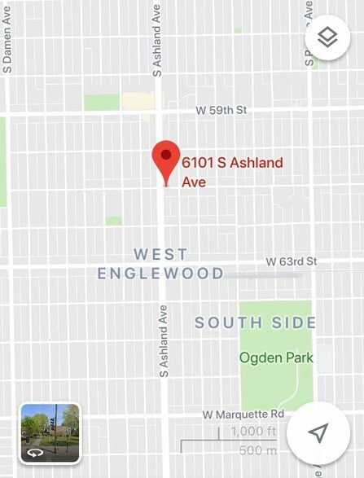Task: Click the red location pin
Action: coord(166,157)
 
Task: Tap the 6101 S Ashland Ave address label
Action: coord(232,172)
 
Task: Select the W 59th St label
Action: coord(221,109)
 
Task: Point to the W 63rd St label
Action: coord(291,261)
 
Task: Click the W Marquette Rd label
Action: coord(248,414)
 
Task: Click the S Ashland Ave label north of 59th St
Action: coord(157,39)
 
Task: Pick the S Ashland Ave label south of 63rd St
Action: coord(164,340)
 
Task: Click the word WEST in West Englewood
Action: coord(160,254)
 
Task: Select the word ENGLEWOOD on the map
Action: coord(160,274)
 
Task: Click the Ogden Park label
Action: coord(272,357)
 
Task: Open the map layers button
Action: coord(327,38)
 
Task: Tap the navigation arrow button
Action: coord(318,432)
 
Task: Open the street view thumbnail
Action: coord(50,432)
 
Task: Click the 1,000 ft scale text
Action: coord(253,432)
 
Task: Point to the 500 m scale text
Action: coord(258,450)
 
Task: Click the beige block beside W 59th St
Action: coord(138,101)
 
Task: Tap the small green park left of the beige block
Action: coord(102,102)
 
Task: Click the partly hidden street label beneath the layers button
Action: coord(309,65)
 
